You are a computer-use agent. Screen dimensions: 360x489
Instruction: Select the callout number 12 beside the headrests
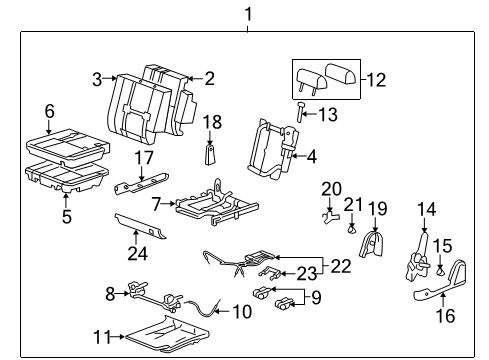point(377,79)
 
